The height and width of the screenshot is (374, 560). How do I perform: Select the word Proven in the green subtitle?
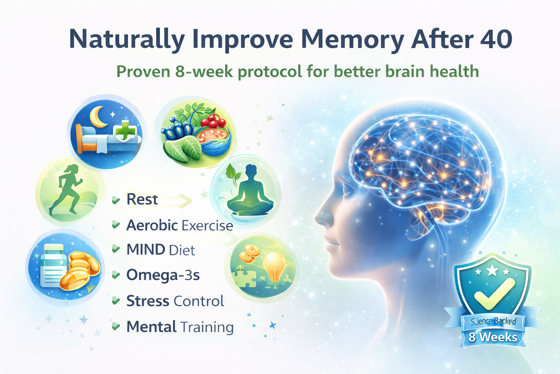143,72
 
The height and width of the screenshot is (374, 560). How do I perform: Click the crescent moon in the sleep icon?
97,117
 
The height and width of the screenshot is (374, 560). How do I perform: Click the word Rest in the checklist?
142,199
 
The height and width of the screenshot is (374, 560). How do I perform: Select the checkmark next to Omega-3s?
116,275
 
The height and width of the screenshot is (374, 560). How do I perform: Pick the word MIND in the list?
146,249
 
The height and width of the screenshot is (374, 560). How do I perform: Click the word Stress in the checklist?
148,301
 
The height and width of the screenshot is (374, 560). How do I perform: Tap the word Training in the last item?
207,327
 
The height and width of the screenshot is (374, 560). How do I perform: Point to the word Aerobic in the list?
152,225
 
